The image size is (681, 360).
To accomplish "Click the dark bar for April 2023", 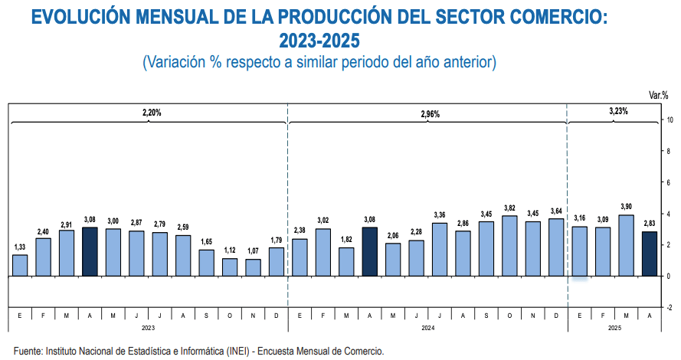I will click(90, 251).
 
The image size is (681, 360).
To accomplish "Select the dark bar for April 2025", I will click(649, 254).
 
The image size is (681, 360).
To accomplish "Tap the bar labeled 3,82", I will click(509, 246).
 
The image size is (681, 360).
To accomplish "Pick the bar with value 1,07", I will click(254, 267).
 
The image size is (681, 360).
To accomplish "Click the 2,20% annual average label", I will click(152, 113).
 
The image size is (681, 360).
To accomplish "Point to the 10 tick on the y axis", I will click(670, 120).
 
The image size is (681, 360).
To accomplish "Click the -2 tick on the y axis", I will click(670, 307).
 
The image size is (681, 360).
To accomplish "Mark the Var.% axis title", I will click(659, 95).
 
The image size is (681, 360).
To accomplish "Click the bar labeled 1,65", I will click(207, 263).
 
